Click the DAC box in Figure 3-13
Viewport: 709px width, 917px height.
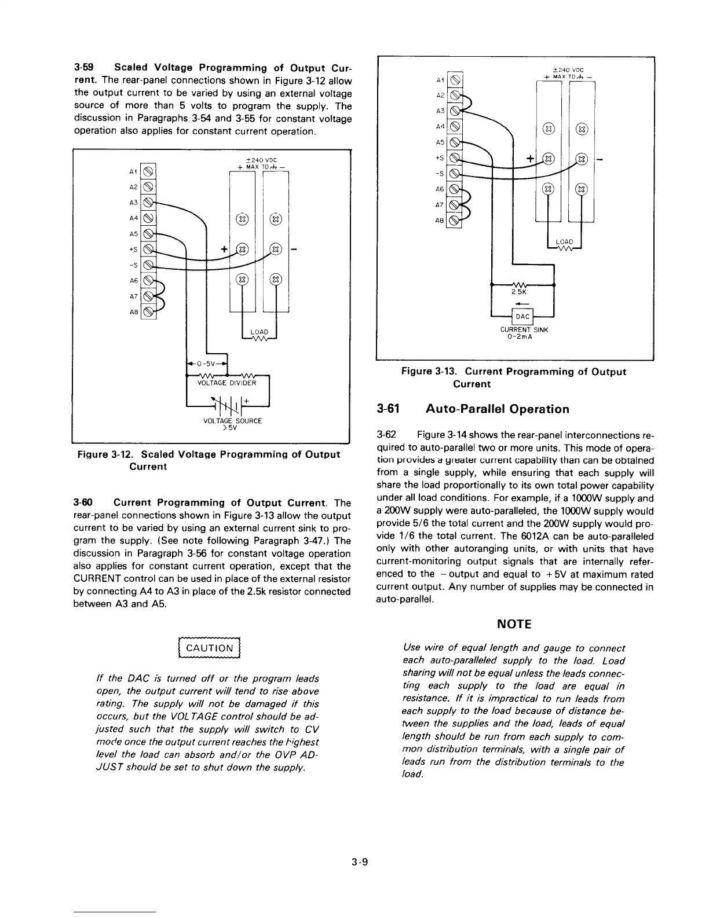click(x=522, y=316)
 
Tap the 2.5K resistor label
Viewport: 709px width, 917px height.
click(x=517, y=293)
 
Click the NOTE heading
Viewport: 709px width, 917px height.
click(x=513, y=623)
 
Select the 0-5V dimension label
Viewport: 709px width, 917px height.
click(x=206, y=365)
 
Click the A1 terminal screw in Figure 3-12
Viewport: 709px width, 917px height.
click(x=149, y=171)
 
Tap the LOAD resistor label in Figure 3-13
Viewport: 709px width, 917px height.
click(x=564, y=241)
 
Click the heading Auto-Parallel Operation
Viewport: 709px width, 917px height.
click(x=497, y=409)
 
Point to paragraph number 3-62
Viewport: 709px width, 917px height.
click(x=386, y=435)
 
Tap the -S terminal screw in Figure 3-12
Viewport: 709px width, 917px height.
click(x=149, y=265)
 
